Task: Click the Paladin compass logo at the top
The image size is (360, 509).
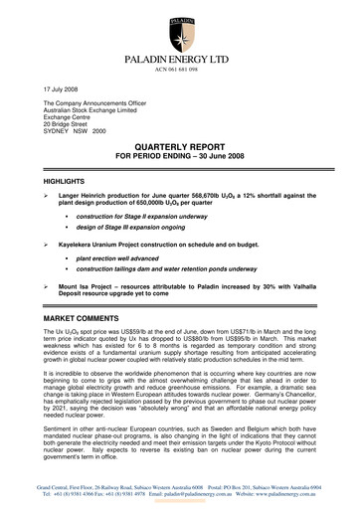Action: pyautogui.click(x=181, y=22)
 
